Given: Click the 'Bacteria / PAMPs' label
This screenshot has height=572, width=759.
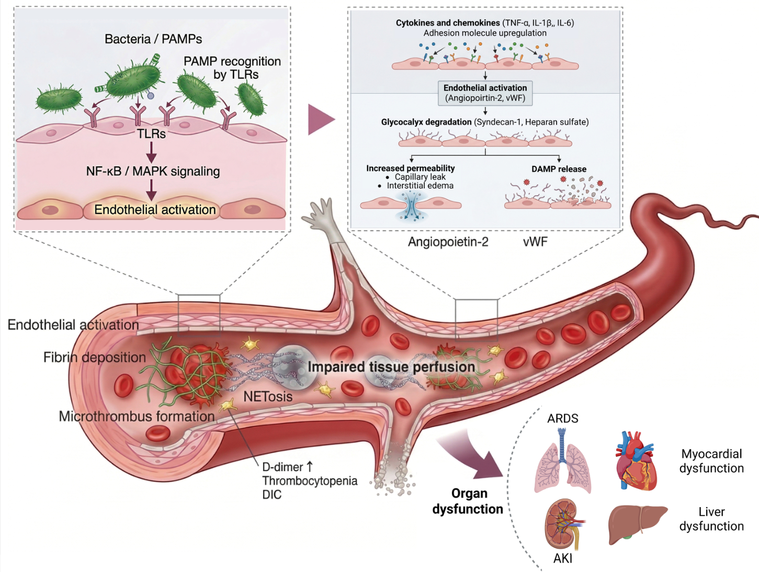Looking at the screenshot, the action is click(153, 39).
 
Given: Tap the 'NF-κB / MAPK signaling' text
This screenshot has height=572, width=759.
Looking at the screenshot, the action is click(153, 171).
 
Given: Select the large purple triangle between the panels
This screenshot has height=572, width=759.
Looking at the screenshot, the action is click(321, 119).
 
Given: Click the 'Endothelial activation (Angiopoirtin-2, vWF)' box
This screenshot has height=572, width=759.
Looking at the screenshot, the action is click(485, 93).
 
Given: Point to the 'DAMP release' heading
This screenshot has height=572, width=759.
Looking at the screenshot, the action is click(559, 169).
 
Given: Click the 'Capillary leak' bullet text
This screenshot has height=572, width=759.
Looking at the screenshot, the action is click(420, 177).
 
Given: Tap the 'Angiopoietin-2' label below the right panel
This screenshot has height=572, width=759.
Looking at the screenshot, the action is click(448, 242).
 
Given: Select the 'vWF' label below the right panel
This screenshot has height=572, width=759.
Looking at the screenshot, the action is click(535, 242).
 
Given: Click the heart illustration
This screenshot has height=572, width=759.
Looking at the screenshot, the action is click(636, 461).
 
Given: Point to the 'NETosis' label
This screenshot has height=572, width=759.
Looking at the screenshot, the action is click(268, 397).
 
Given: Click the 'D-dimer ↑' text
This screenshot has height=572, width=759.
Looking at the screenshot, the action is click(288, 467).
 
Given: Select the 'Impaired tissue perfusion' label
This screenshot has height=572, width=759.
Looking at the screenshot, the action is click(391, 367).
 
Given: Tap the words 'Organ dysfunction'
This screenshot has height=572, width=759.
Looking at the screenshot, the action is click(468, 501).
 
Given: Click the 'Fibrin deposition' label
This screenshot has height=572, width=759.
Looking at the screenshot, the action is click(94, 357).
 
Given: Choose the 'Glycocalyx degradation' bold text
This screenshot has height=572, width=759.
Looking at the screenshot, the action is click(426, 122).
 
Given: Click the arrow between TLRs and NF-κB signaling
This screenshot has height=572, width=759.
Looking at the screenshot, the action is click(152, 152).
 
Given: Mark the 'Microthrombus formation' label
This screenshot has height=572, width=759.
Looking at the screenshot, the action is click(137, 417).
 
